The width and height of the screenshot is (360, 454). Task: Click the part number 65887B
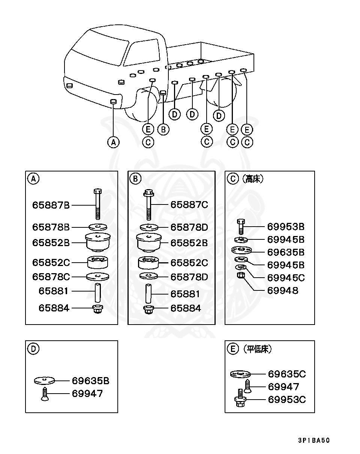(x=51, y=205)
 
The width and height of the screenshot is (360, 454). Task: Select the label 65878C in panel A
(x=51, y=277)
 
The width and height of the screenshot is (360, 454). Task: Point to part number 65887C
(x=189, y=204)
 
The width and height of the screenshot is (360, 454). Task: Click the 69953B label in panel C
(x=286, y=227)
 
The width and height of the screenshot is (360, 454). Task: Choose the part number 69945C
(x=286, y=278)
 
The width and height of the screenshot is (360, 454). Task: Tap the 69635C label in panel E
(x=286, y=374)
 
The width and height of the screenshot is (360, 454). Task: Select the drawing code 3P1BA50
(x=314, y=440)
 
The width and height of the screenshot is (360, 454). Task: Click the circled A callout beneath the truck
(x=113, y=142)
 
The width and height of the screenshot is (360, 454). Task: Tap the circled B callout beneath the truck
(x=163, y=129)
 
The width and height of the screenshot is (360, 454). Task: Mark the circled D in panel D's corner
(x=33, y=349)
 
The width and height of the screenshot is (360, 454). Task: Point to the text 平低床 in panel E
(x=257, y=349)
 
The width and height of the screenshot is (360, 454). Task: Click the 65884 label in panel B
(x=186, y=308)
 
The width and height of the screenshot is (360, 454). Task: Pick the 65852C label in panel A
(x=51, y=263)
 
